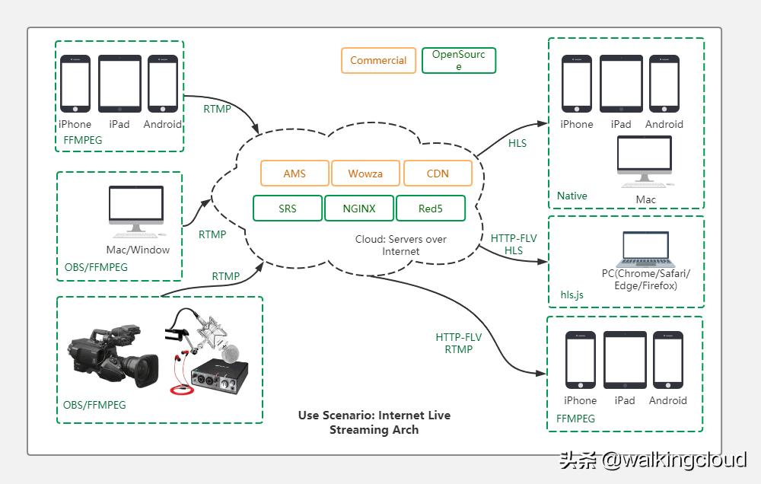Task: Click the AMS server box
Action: click(295, 174)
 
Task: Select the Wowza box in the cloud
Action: click(366, 174)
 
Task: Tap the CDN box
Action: click(438, 174)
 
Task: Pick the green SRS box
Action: click(288, 208)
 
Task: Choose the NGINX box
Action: click(359, 208)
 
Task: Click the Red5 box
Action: click(431, 208)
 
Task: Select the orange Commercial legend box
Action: click(378, 61)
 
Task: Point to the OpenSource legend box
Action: click(458, 61)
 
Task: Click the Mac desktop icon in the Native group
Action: click(645, 161)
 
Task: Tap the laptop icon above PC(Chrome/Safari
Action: click(645, 248)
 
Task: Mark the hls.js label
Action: click(572, 294)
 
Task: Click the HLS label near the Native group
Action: click(517, 143)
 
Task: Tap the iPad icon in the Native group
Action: click(621, 84)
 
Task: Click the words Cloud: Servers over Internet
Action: click(401, 245)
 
